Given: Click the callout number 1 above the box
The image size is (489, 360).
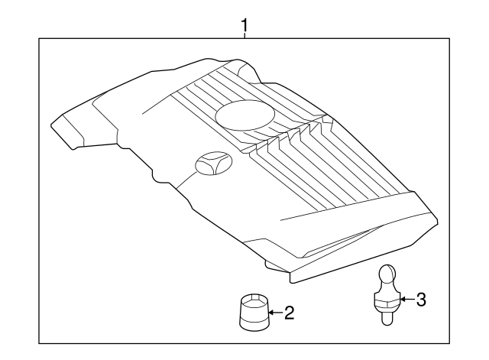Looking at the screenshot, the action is click(x=244, y=25).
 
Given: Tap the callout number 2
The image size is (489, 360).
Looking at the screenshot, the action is click(x=290, y=313).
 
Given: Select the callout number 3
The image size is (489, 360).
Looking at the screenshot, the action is click(x=421, y=299).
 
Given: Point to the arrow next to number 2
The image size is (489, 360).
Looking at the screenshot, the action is click(x=276, y=313).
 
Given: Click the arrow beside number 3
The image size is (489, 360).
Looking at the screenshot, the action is click(x=407, y=299).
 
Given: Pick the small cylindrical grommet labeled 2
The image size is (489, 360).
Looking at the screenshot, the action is click(x=254, y=312).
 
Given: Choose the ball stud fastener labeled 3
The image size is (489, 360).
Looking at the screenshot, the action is click(x=387, y=295).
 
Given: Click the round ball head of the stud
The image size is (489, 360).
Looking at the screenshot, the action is click(x=387, y=274).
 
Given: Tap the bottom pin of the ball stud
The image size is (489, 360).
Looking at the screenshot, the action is click(x=387, y=318).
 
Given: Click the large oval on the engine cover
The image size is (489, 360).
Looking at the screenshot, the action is click(x=245, y=115).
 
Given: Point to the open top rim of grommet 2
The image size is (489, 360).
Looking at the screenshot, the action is click(x=254, y=299).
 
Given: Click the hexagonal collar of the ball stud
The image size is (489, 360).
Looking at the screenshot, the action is click(x=387, y=302).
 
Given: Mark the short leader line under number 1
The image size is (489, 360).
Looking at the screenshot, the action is click(x=244, y=35).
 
